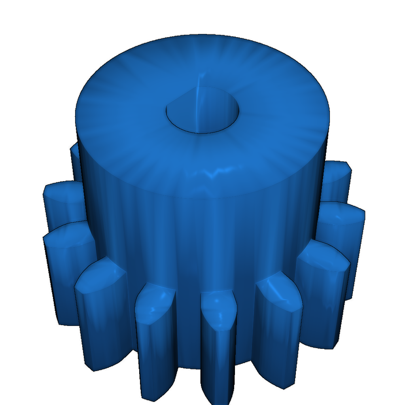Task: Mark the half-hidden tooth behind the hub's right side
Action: click(x=336, y=174)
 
